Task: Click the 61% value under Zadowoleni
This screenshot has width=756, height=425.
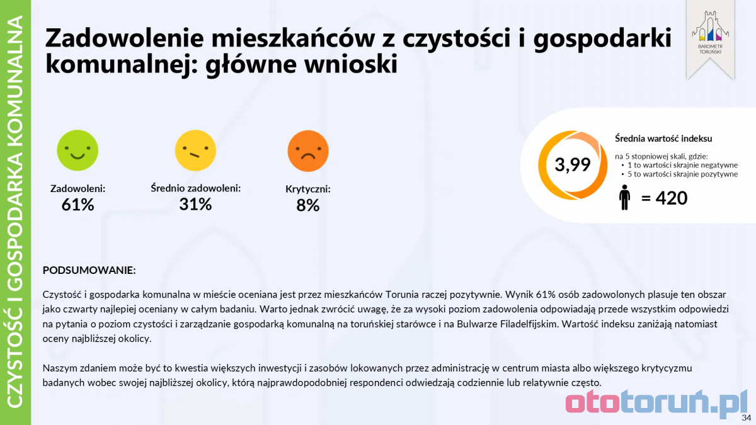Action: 77,205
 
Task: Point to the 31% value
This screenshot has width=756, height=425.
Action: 195,204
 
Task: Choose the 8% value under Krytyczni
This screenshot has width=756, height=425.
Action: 308,205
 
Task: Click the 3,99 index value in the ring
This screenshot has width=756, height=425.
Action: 572,165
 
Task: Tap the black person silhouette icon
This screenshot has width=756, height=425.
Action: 624,198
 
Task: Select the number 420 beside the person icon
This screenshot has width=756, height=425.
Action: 672,198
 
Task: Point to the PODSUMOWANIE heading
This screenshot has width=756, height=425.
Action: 89,270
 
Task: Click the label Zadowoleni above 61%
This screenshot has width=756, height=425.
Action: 77,188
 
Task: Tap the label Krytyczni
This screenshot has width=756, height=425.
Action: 308,189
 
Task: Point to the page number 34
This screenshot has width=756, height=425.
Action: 746,417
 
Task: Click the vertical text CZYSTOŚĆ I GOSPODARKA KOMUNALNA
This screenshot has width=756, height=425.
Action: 16,212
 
